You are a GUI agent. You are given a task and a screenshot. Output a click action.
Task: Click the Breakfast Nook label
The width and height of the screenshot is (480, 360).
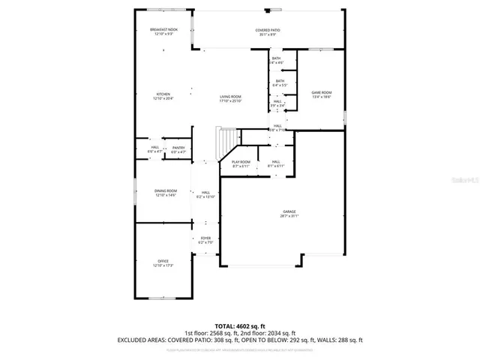[x=163, y=29]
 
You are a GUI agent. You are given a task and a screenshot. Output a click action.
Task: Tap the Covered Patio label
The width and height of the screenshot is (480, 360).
[x=267, y=29]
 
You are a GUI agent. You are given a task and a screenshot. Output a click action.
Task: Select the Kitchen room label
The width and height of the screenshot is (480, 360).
[x=163, y=94]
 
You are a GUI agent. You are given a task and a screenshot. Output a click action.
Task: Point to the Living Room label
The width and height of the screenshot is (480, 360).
[x=230, y=97]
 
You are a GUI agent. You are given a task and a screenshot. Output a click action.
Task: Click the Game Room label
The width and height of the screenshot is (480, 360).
[x=322, y=92]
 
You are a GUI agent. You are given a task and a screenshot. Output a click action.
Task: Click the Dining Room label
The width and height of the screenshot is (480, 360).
[x=166, y=191]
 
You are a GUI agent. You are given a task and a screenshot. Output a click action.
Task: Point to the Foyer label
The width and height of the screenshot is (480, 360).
[x=205, y=238]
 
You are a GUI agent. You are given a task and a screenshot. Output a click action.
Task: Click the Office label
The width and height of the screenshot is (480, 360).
[x=163, y=261]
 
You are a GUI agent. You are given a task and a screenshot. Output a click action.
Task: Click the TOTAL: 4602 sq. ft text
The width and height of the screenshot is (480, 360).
[x=239, y=326]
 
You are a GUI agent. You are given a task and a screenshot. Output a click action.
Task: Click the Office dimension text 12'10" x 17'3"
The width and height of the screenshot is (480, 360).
[x=163, y=265]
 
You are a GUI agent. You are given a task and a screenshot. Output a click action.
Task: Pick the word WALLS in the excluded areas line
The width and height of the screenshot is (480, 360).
[x=323, y=340]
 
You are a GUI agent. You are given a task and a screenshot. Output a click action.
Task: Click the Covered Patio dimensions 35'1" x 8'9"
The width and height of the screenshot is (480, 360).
[x=267, y=34]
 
